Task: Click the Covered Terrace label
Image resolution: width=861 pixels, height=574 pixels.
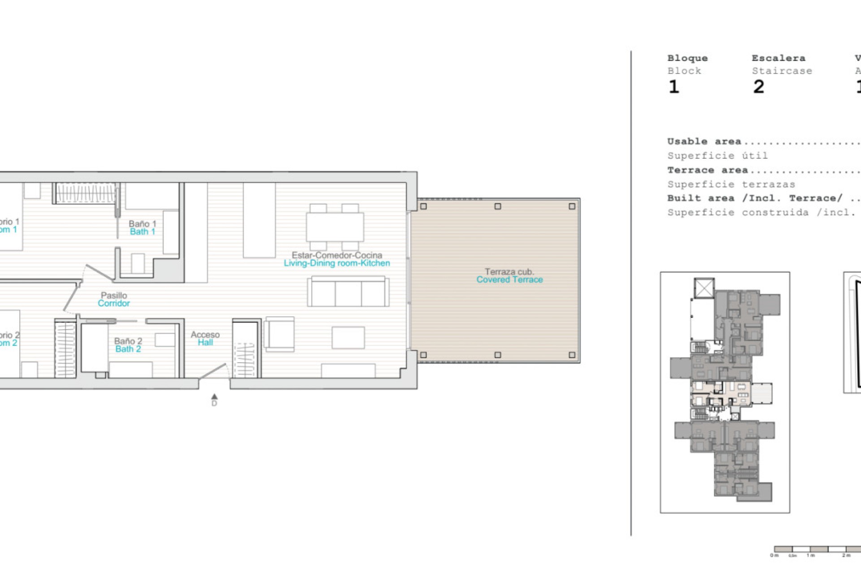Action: coord(509,280)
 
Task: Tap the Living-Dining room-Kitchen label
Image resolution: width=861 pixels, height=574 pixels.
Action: coord(336,263)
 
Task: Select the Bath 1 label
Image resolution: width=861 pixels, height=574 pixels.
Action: coord(142,232)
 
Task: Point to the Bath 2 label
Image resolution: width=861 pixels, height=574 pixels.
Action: coord(128,349)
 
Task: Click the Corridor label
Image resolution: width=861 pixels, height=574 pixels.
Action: coord(114,304)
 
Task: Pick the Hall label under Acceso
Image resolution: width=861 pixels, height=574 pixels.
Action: coord(205,343)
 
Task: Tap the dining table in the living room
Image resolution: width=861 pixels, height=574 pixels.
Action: coord(335,227)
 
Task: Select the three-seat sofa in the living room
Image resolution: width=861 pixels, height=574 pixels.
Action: coord(348,292)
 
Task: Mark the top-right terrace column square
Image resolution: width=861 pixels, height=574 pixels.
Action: coord(572,207)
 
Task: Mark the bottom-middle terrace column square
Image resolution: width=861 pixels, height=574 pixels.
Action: coord(497,355)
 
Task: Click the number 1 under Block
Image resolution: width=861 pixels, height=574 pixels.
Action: coord(674,87)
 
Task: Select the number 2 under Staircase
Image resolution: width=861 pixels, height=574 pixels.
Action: coord(758,87)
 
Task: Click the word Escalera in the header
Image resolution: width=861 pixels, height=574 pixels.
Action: coord(778,58)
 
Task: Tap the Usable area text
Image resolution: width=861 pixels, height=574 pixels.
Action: coord(704,142)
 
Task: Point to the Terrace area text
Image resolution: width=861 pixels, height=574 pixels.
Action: coord(707,170)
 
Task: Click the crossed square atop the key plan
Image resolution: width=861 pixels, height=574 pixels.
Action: coord(704,288)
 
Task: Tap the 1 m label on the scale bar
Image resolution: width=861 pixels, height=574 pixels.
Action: coord(810,556)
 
